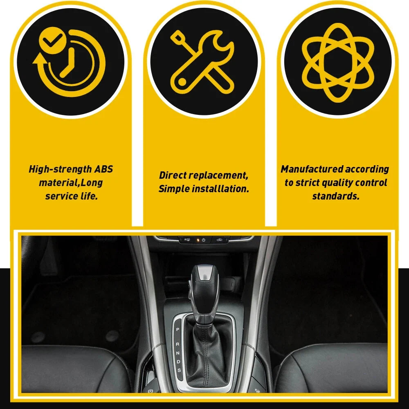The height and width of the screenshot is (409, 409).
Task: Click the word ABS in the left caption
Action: tap(103, 169)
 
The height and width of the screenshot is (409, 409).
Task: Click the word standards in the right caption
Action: tap(335, 196)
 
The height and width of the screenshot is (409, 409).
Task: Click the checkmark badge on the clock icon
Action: tap(52, 40)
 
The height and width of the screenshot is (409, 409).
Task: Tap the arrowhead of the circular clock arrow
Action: tap(40, 58)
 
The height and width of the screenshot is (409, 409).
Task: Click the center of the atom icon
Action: tap(338, 63)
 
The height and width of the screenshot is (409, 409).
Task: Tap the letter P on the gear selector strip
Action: tap(178, 330)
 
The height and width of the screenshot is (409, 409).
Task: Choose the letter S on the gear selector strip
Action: tap(179, 370)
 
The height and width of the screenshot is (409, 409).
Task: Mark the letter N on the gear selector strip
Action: tap(178, 353)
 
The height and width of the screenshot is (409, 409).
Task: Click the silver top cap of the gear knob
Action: tap(205, 272)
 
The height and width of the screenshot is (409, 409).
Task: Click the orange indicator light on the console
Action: tap(198, 240)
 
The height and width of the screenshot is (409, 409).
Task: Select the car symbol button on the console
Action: tap(219, 240)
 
